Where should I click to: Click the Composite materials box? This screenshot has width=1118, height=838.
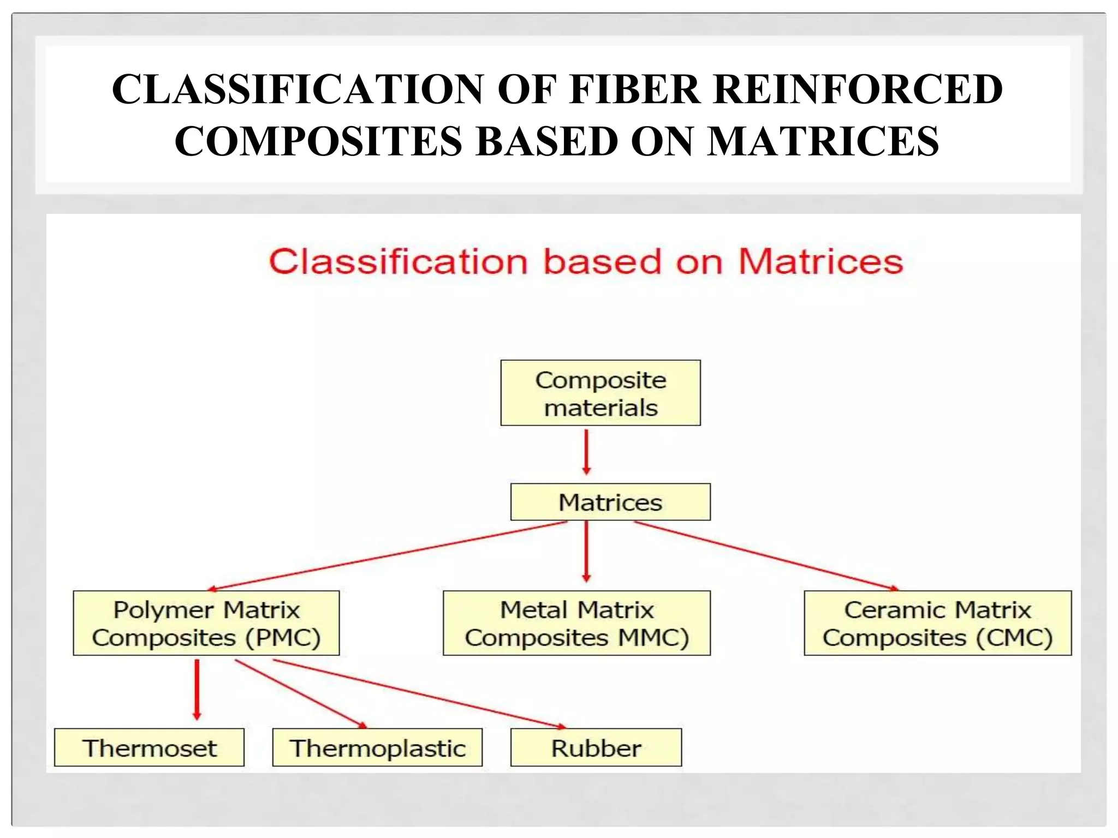click(x=600, y=393)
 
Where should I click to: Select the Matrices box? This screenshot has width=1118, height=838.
click(x=610, y=502)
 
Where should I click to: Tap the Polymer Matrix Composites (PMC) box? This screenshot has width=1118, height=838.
click(x=206, y=623)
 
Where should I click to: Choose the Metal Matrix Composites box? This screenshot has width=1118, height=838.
click(x=576, y=623)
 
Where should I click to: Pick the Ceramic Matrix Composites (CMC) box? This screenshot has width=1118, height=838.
click(x=937, y=623)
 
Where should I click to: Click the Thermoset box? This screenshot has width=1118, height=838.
click(x=149, y=747)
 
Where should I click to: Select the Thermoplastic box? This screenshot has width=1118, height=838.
click(x=377, y=747)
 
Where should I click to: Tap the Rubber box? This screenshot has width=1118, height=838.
click(x=596, y=747)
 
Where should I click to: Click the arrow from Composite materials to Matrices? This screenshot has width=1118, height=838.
click(x=586, y=452)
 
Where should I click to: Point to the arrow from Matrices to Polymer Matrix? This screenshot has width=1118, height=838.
click(x=388, y=555)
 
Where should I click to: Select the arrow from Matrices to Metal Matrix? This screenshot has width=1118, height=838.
click(x=586, y=551)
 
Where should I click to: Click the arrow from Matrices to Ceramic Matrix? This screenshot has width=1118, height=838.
click(x=764, y=555)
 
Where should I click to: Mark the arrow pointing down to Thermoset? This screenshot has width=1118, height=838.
click(x=197, y=690)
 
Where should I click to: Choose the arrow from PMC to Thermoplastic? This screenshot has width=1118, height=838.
click(x=300, y=694)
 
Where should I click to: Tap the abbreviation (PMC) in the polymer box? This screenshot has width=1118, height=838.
click(x=283, y=638)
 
